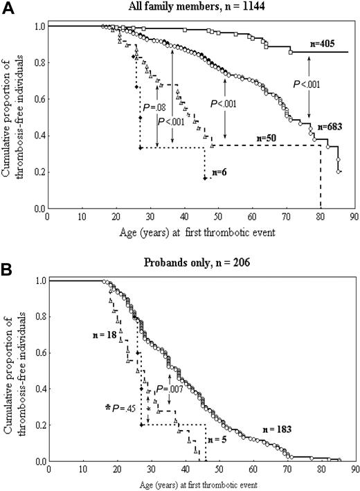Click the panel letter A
click(x=8, y=8)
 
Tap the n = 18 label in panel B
click(x=104, y=334)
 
